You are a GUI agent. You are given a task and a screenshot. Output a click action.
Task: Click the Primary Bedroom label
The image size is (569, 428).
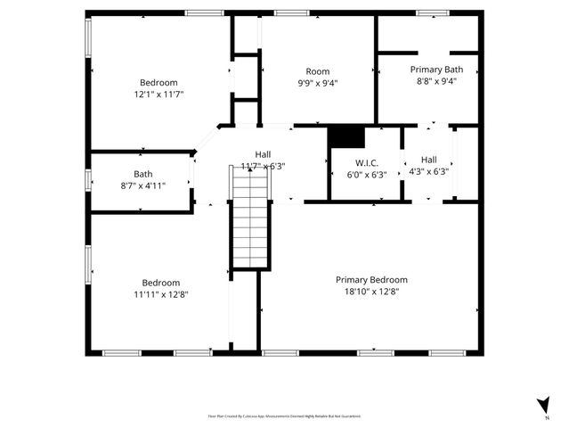pos(371,279)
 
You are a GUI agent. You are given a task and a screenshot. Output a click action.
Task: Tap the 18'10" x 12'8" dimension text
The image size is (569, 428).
pos(371,291)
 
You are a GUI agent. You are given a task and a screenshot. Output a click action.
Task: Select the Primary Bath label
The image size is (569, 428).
pos(435,69)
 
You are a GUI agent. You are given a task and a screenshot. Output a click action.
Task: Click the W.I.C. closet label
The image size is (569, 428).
pos(366,163)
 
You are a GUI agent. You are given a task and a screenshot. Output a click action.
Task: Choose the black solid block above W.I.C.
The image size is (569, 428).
pos(346,135)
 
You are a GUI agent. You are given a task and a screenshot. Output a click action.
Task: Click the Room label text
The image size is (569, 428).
pos(317,71)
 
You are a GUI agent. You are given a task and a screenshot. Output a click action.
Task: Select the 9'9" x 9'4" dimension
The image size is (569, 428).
pos(317,83)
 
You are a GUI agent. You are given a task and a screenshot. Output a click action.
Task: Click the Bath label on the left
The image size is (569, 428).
pos(142,174)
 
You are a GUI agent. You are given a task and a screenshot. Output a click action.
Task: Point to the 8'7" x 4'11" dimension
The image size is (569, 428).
pos(142,185)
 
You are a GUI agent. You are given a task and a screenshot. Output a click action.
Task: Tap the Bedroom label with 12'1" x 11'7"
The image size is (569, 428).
pos(159,82)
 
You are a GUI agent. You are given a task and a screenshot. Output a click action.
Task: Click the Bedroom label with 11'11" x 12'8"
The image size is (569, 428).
pos(161,283)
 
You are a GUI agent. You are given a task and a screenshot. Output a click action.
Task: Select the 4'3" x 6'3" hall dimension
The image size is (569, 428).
pos(428,172)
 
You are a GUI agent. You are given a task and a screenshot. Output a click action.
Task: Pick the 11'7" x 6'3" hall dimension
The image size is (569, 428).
pos(264,166)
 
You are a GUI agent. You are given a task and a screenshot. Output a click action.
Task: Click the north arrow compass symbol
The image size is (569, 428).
pos(541,406)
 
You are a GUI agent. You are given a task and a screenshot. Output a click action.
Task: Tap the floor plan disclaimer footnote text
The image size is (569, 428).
pos(284,416)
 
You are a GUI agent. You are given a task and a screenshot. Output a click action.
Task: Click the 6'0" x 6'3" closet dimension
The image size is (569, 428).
pos(366,175)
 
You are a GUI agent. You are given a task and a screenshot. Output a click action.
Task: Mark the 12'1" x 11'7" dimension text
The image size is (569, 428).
pos(159,94)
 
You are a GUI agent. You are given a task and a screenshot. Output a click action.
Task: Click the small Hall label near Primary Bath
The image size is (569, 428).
pos(428,160)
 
